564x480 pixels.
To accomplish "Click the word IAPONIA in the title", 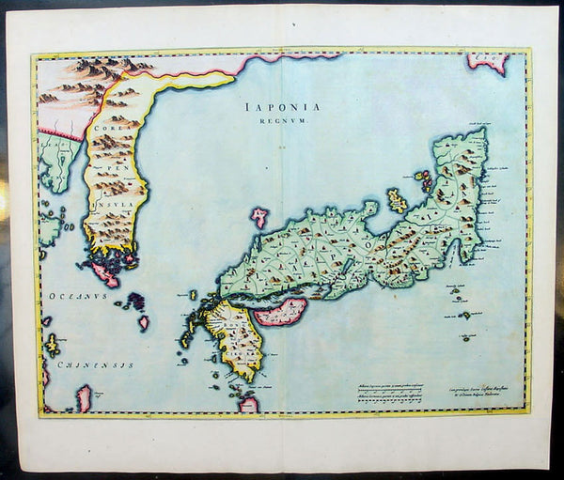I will (x=280, y=107).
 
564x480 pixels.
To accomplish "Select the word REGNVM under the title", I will (x=280, y=121).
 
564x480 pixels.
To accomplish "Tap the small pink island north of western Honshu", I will (x=259, y=219).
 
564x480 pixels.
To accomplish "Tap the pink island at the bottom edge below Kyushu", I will (x=249, y=404).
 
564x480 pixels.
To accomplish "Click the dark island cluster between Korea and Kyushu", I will (x=135, y=303).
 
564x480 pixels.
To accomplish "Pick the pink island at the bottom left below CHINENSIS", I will (x=84, y=398).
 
